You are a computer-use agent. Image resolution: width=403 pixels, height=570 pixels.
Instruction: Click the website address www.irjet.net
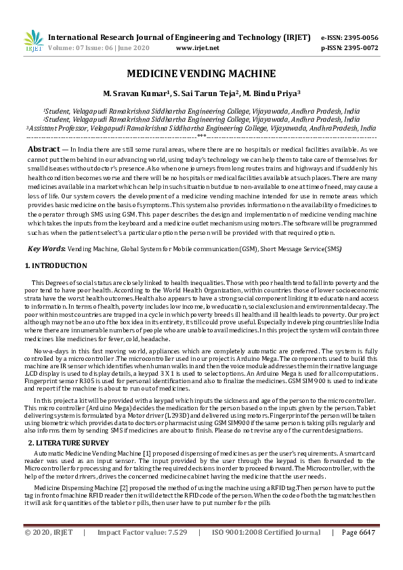pos(197,48)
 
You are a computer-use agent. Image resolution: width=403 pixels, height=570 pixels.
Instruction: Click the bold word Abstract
pos(43,149)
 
